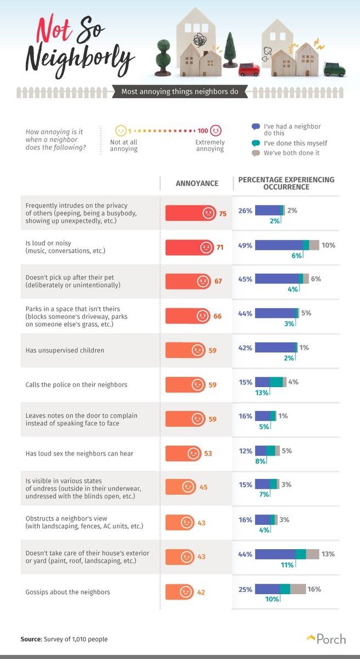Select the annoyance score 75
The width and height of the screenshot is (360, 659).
tap(222, 213)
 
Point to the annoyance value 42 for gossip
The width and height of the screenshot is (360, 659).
tap(201, 592)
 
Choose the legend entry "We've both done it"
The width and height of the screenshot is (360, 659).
tap(291, 153)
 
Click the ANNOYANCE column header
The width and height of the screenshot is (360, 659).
tap(196, 183)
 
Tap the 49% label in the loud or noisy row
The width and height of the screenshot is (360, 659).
tap(245, 245)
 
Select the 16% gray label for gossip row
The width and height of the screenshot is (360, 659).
tap(314, 589)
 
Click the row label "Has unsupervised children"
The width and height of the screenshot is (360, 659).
tap(65, 350)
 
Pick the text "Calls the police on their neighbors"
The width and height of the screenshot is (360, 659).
tap(76, 384)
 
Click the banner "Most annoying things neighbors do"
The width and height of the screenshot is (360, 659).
tap(179, 92)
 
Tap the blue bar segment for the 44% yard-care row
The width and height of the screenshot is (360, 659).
tap(275, 554)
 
